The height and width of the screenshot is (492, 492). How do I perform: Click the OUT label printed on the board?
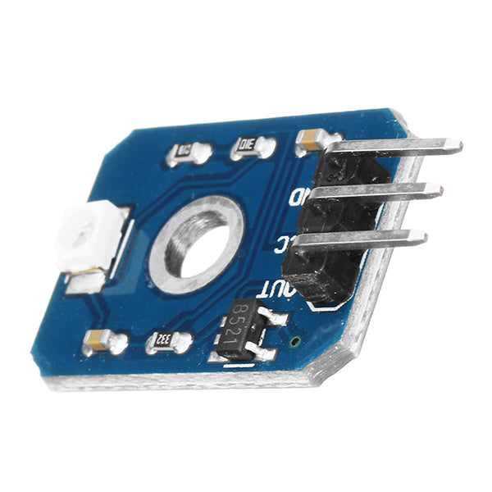(271, 289)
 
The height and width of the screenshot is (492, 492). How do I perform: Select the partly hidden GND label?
(298, 197)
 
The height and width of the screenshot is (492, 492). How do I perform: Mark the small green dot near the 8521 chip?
(295, 339)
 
